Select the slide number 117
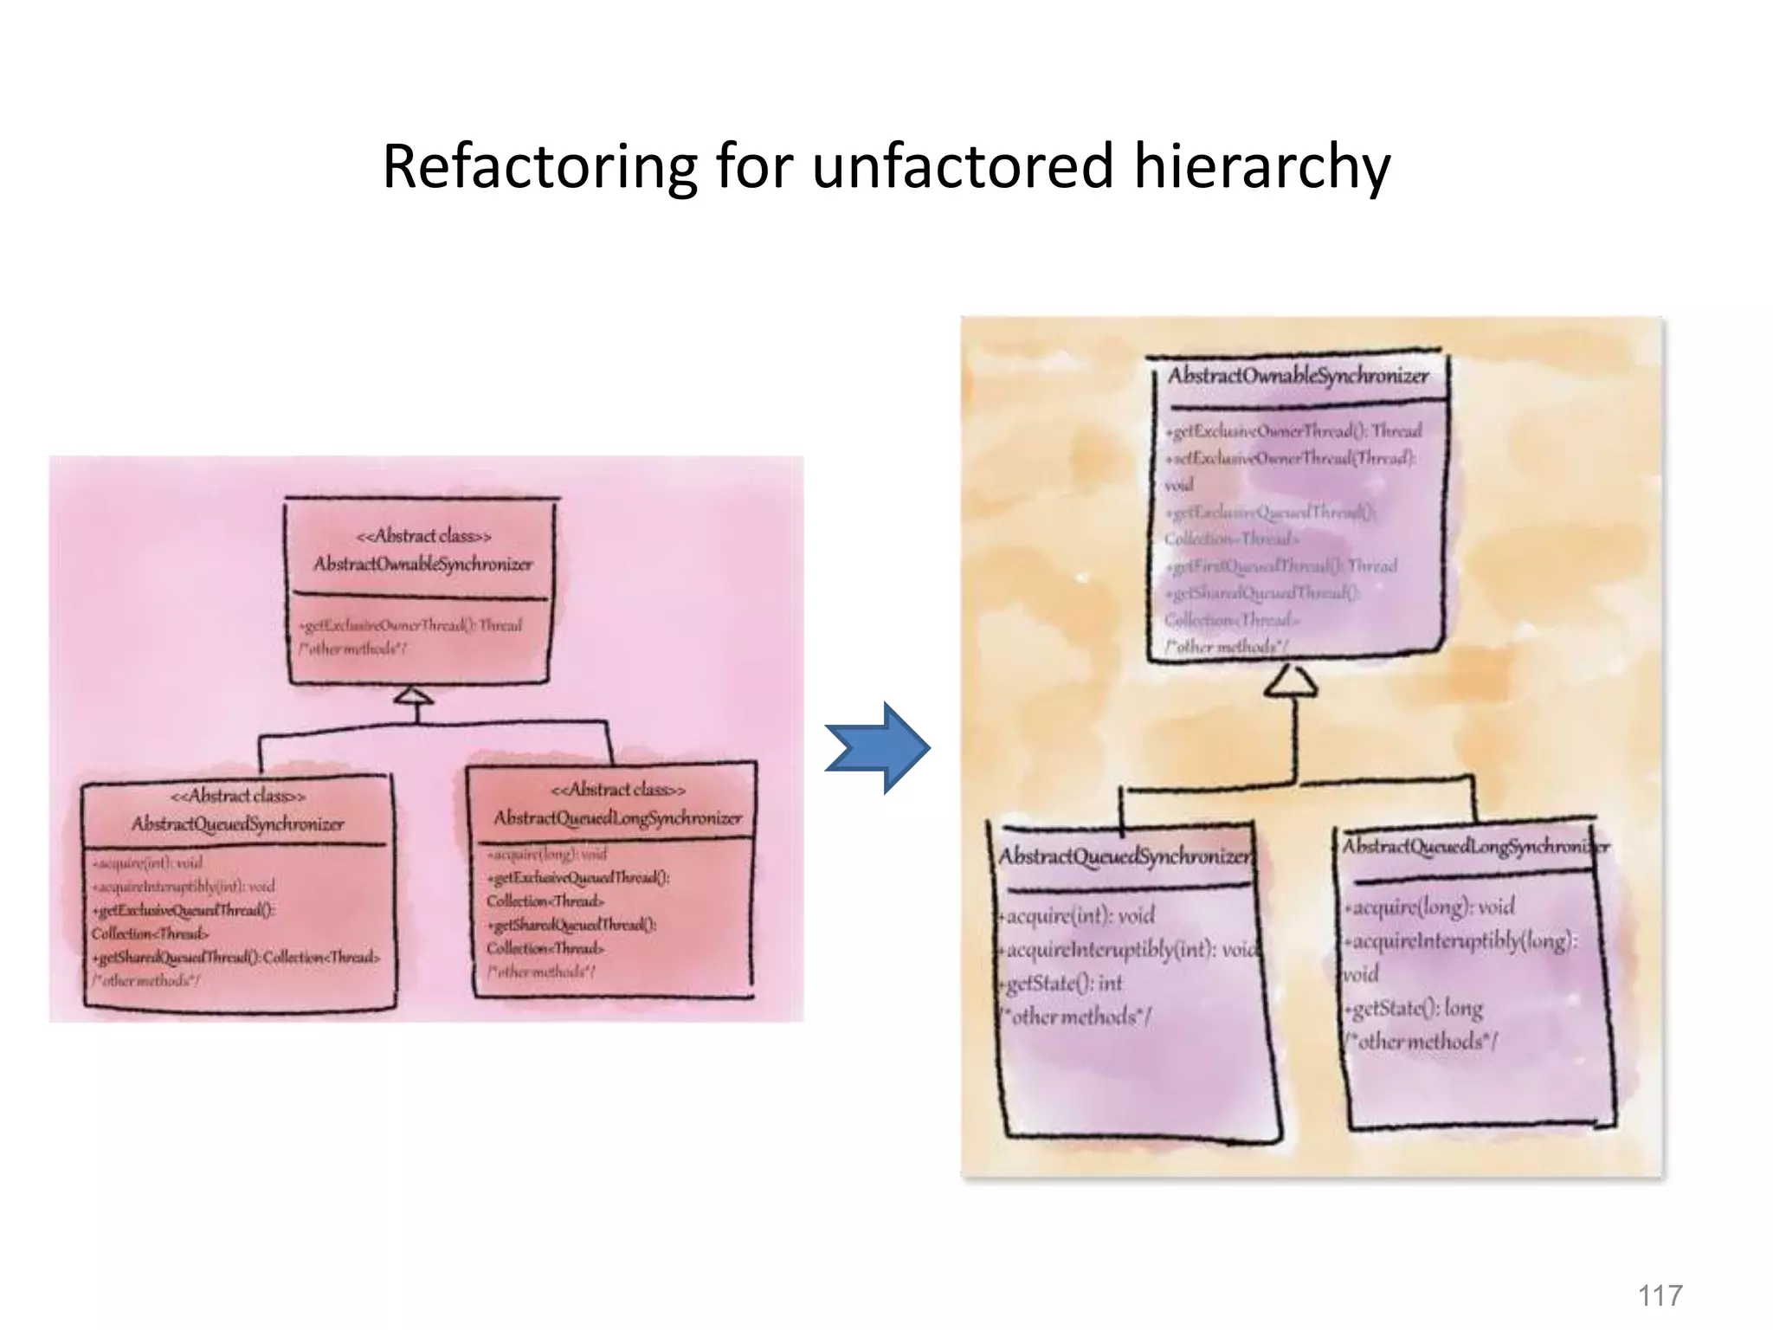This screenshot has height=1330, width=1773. (x=1660, y=1295)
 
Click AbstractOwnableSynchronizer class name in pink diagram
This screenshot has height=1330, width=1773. (x=422, y=565)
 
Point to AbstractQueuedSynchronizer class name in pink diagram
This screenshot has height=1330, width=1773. (x=237, y=823)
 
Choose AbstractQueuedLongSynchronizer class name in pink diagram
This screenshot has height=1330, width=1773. (x=618, y=818)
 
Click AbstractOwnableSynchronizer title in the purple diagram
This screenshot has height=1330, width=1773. (x=1298, y=376)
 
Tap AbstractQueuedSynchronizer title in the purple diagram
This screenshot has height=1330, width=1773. (x=1124, y=856)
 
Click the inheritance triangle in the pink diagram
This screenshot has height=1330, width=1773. (x=414, y=697)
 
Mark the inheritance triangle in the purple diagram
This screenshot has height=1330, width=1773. (x=1291, y=682)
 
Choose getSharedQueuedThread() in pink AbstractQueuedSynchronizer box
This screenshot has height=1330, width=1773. (x=177, y=958)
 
